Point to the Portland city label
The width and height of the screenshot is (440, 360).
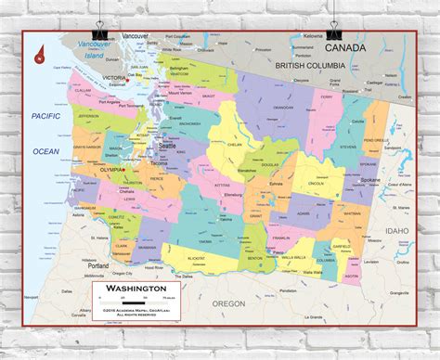pyautogui.click(x=99, y=265)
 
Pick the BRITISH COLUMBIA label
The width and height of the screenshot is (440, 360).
pyautogui.click(x=309, y=66)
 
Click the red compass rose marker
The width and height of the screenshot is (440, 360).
pyautogui.click(x=40, y=55)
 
